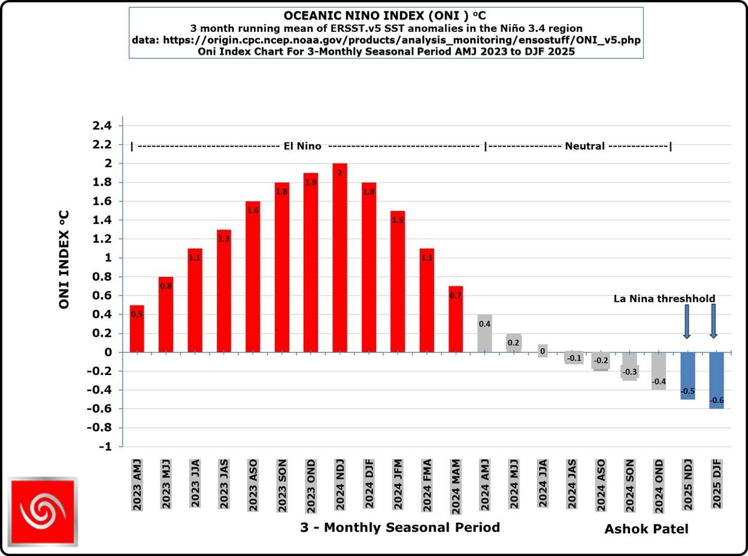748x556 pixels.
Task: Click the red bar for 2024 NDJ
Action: point(340,258)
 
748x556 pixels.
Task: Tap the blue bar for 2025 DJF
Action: point(716,380)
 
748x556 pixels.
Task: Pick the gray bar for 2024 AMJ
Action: point(484,333)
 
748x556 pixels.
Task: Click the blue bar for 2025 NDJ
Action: point(688,376)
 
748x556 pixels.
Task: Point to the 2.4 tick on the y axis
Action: point(102,126)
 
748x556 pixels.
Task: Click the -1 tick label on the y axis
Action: point(104,447)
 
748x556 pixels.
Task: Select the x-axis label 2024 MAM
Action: point(456,486)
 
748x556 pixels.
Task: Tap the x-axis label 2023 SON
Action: point(281,486)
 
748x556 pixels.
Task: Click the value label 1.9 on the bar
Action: point(310,183)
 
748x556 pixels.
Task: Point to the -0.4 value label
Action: point(659,382)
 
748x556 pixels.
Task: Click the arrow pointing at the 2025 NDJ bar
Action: point(687,321)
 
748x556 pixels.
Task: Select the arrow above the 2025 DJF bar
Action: point(713,321)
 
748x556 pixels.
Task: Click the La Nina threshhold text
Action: point(664,298)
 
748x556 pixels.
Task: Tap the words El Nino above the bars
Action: point(302,146)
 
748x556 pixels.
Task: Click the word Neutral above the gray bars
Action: point(585,146)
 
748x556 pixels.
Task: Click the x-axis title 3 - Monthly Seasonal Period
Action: point(399,528)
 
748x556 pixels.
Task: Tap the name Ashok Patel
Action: point(646,529)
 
